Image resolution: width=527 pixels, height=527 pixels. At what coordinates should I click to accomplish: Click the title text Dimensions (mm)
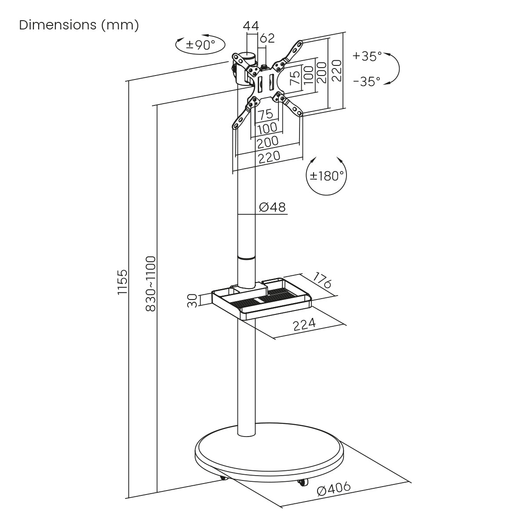coord(79,25)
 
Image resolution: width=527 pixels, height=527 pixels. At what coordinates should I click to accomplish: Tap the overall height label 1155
coord(122,282)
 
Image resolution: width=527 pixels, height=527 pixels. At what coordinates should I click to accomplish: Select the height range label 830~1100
coord(151,284)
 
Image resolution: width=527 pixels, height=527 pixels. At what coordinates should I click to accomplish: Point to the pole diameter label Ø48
coord(272,207)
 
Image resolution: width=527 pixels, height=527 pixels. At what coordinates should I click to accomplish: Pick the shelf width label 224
coord(304,325)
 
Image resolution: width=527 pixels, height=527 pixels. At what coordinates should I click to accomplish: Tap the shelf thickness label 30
coord(192,301)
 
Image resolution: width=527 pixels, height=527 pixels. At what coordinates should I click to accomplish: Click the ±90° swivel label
coord(200,45)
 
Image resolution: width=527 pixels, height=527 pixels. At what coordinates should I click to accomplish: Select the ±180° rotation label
coord(327,176)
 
